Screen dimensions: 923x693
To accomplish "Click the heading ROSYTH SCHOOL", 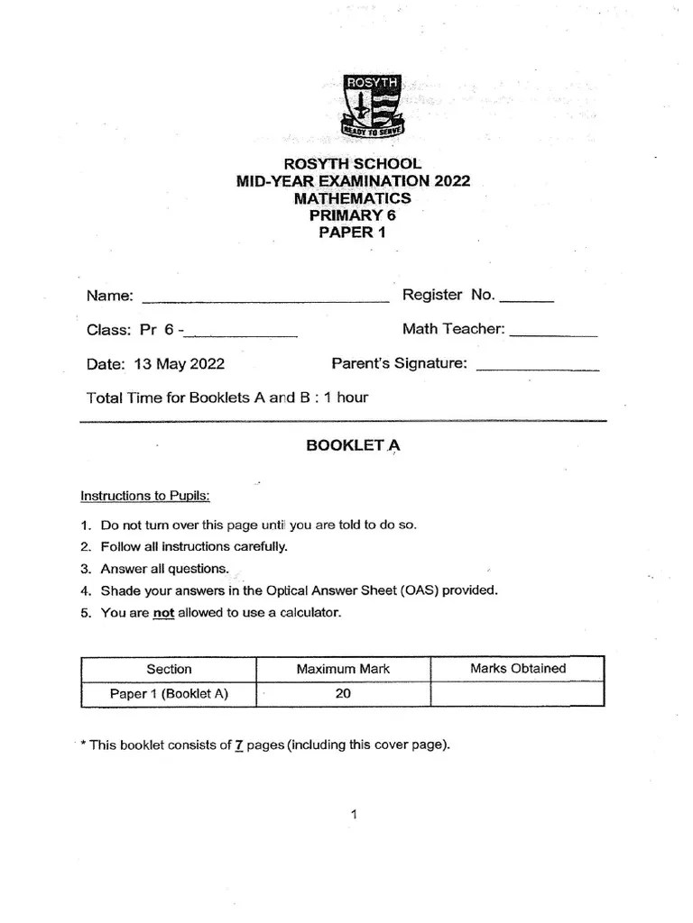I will (352, 164).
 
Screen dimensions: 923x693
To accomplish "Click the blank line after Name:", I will (265, 298).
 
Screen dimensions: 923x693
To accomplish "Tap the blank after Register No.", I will (526, 297).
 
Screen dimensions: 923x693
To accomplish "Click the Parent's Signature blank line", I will (537, 366).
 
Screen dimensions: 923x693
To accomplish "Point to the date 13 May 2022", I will (179, 364).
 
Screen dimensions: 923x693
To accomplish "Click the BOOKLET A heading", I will (352, 445).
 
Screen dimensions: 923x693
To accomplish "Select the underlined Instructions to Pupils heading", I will (144, 496).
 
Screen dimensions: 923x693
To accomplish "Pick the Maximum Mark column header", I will (343, 669).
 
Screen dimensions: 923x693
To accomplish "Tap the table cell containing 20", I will (343, 694).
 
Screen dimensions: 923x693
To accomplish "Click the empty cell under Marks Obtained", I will (517, 694).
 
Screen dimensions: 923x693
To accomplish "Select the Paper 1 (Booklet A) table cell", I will (169, 694).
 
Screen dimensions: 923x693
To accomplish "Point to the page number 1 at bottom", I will (354, 815).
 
